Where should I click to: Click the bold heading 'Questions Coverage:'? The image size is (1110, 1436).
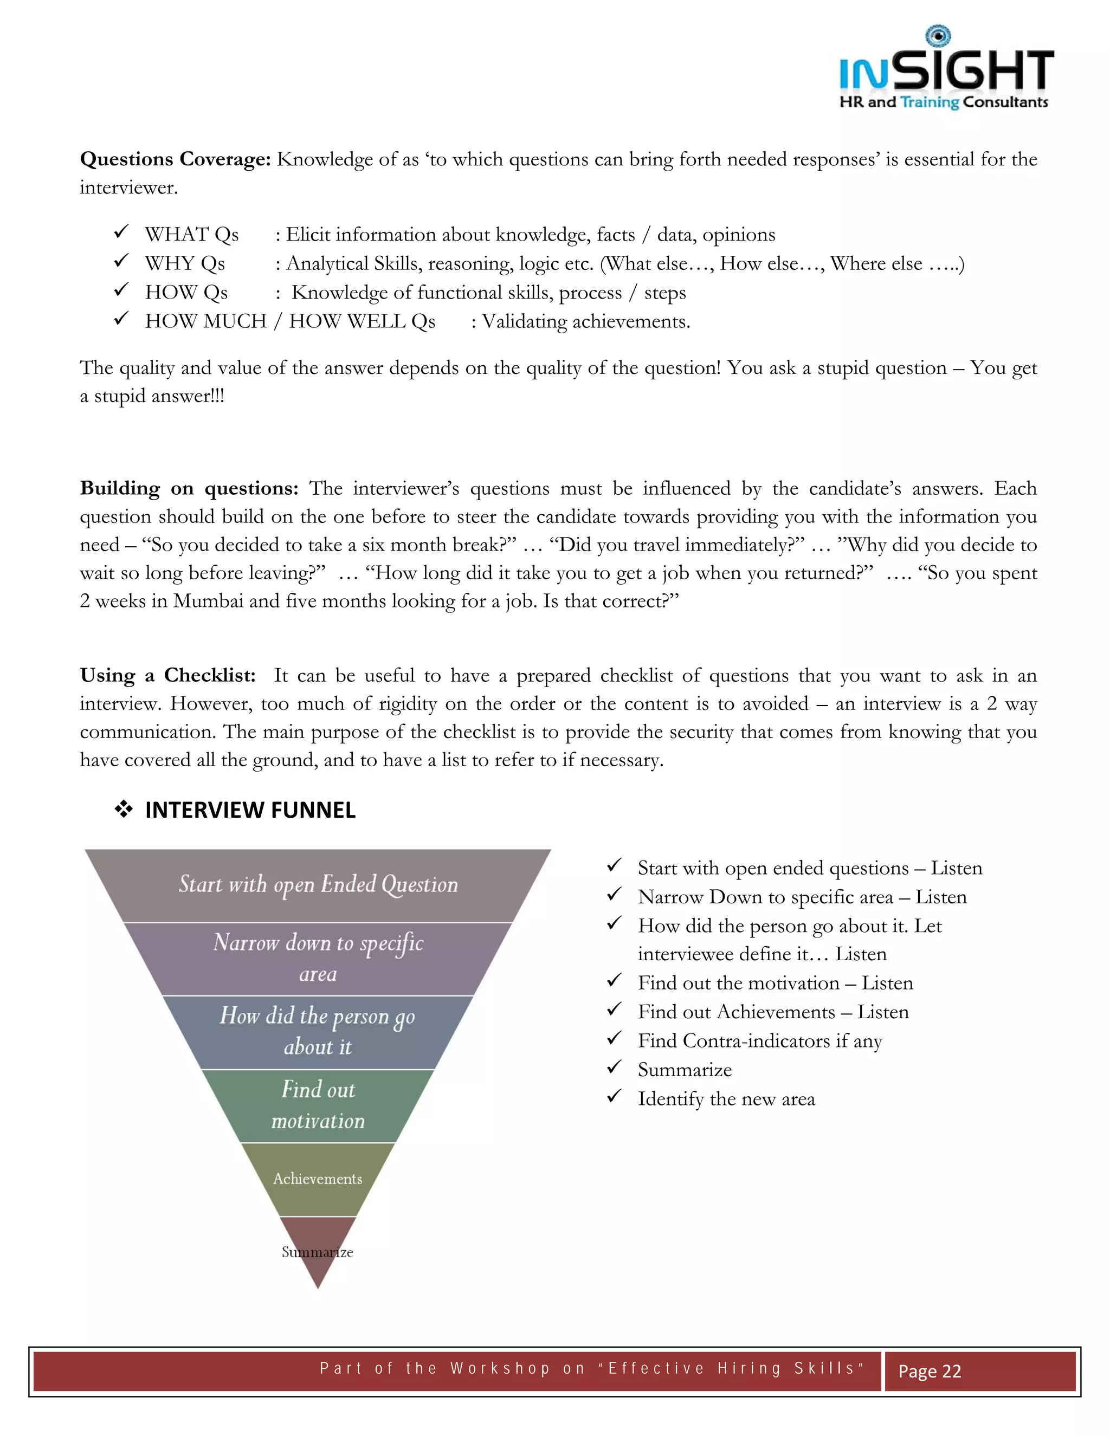[175, 159]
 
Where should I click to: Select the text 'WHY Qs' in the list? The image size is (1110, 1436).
[185, 264]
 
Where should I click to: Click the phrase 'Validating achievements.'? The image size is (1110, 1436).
[586, 321]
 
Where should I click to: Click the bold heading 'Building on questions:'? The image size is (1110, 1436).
[189, 489]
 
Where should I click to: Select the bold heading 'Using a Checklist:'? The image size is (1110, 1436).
[167, 676]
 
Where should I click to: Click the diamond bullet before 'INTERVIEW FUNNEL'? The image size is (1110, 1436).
[124, 810]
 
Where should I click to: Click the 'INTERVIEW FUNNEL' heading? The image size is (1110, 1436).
[250, 810]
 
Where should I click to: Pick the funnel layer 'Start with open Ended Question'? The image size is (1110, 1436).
[318, 885]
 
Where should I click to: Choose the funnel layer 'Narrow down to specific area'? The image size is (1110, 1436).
[318, 958]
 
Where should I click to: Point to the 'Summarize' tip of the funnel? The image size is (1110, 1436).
[318, 1252]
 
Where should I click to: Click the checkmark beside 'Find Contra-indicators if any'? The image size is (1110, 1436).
[614, 1038]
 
